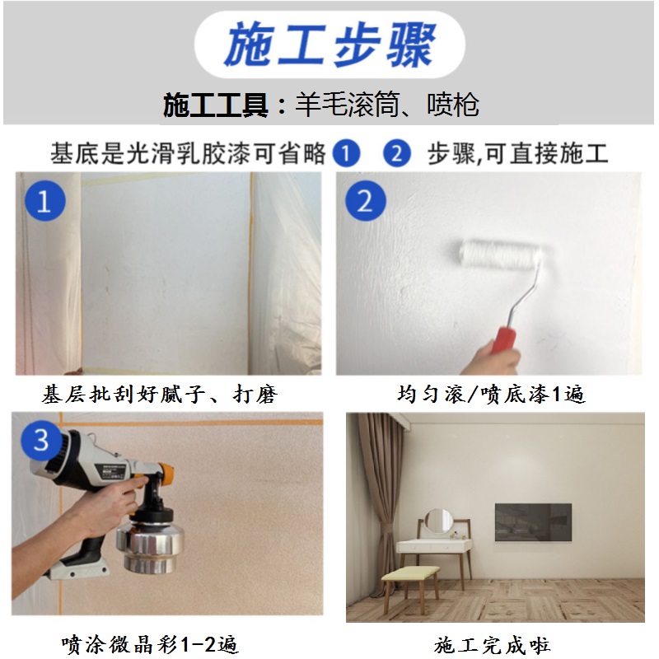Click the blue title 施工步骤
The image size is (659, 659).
[330, 44]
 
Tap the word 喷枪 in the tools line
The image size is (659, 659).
[453, 105]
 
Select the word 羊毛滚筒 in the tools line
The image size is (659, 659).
[347, 105]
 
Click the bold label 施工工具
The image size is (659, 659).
[216, 105]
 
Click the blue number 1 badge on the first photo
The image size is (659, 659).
[45, 201]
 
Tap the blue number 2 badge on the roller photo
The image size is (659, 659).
[365, 201]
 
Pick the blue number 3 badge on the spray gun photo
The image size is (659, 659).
[40, 441]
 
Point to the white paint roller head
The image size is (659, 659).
[500, 254]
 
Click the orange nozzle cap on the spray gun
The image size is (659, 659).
[166, 474]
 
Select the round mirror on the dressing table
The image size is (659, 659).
[438, 521]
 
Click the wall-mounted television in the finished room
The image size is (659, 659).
[533, 522]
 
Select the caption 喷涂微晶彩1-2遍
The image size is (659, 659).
[150, 645]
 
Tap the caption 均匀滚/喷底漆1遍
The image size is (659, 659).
[491, 395]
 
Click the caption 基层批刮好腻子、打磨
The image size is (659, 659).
[160, 395]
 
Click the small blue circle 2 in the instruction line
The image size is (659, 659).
[397, 153]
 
